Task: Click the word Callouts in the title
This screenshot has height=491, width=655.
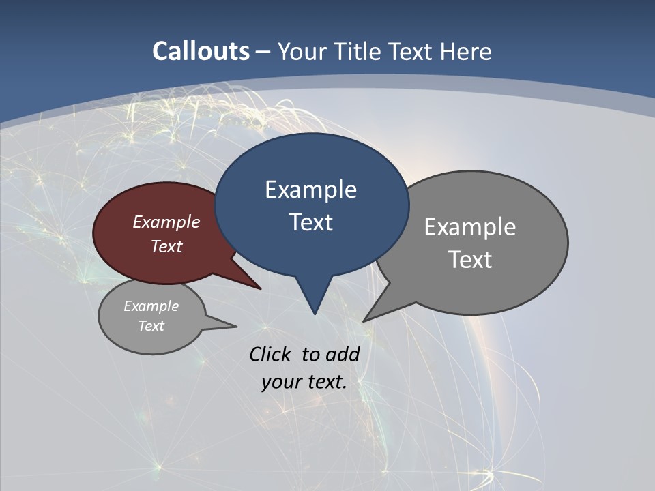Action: point(201,51)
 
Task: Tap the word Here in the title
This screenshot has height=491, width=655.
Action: point(465,52)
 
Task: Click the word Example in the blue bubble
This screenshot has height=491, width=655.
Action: point(310,190)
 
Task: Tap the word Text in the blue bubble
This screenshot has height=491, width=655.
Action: point(310,222)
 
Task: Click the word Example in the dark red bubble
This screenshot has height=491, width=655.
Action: point(166,222)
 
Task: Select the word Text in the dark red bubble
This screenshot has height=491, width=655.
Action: point(166,246)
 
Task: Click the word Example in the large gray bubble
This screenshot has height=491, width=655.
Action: point(470,227)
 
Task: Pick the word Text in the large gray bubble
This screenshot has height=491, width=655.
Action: point(470,260)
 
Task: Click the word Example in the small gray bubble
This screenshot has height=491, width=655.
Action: point(151,306)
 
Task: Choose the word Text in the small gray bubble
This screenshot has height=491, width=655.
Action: point(151,326)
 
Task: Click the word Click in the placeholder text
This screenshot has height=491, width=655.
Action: point(271,354)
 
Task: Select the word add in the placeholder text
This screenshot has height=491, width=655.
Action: point(343,354)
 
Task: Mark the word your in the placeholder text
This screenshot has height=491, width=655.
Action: point(281,382)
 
